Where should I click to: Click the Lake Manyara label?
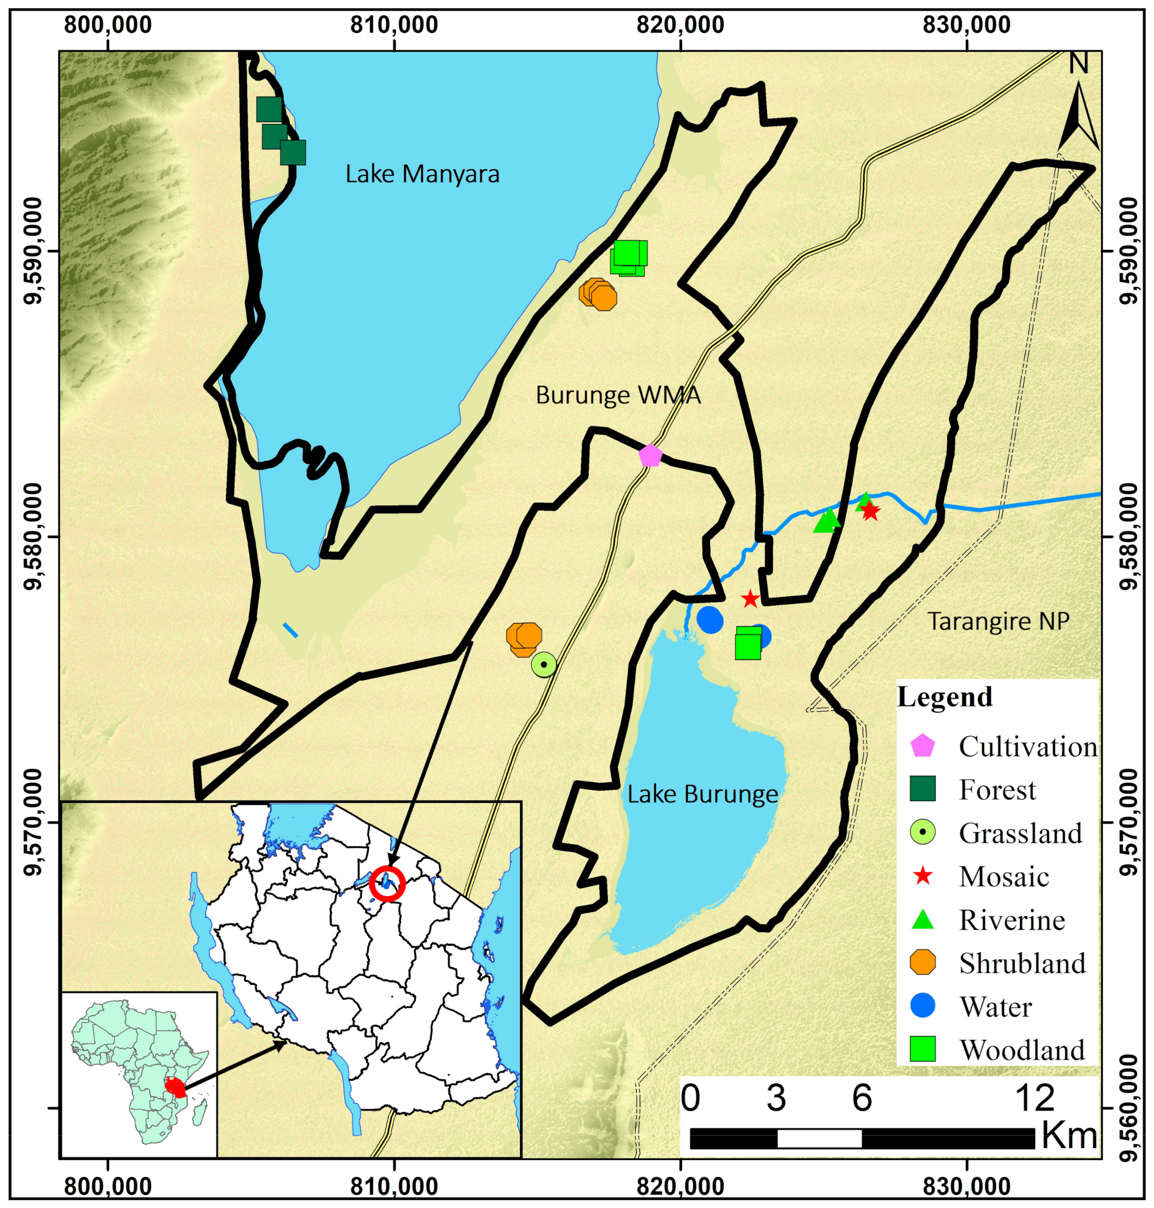[x=422, y=175]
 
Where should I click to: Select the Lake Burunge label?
[x=702, y=794]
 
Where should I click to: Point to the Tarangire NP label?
[x=998, y=621]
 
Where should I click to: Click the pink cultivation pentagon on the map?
[x=650, y=456]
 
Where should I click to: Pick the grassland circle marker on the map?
[x=544, y=664]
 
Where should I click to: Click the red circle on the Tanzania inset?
[x=387, y=884]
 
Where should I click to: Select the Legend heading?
[x=945, y=697]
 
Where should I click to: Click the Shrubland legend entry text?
[x=1022, y=963]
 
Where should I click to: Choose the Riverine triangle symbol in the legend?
[x=923, y=920]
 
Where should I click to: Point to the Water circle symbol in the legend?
[x=923, y=1006]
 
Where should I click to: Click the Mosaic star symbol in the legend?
[x=923, y=876]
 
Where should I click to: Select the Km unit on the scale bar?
[x=1069, y=1137]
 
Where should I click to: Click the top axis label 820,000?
[x=680, y=25]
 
